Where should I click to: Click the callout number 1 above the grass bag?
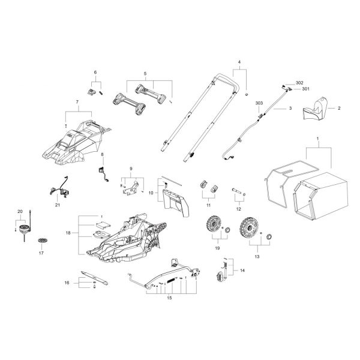[x=317, y=139]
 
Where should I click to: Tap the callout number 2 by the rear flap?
[x=339, y=108]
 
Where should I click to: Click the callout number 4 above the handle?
[x=239, y=63]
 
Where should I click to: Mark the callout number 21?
[x=58, y=205]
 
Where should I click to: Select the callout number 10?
[x=151, y=193]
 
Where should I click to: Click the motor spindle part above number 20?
[x=25, y=229]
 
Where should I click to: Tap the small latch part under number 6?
[x=92, y=91]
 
